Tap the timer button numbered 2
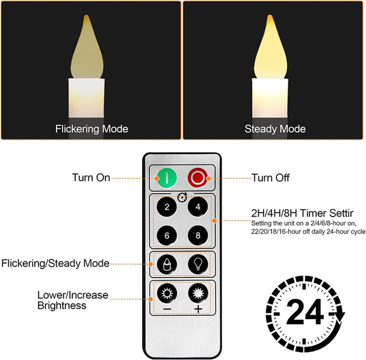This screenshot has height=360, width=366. pyautogui.click(x=167, y=208)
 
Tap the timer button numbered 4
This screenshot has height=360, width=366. pyautogui.click(x=197, y=208)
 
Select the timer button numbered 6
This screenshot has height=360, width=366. pyautogui.click(x=167, y=235)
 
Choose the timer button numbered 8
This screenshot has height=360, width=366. pyautogui.click(x=197, y=235)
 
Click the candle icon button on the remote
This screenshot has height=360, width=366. pyautogui.click(x=167, y=263)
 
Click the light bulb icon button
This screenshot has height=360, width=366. pyautogui.click(x=197, y=263)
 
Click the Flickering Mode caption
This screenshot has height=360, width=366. pyautogui.click(x=91, y=129)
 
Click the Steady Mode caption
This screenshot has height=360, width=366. pyautogui.click(x=274, y=129)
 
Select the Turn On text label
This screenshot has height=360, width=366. pyautogui.click(x=91, y=178)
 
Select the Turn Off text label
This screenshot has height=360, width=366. pyautogui.click(x=270, y=178)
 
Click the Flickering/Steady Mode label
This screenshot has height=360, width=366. pyautogui.click(x=55, y=263)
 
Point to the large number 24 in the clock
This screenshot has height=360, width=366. pyautogui.click(x=303, y=313)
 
